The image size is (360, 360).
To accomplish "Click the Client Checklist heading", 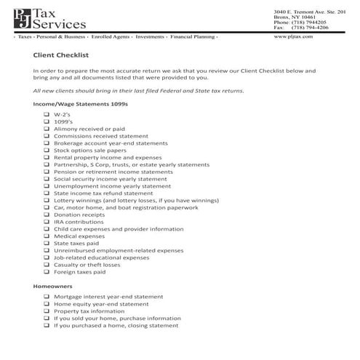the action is [x=61, y=54].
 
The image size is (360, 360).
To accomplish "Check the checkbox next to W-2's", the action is [x=46, y=115].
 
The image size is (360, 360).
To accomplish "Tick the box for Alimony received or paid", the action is [x=46, y=129].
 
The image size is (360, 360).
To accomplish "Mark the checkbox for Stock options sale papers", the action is [x=46, y=150].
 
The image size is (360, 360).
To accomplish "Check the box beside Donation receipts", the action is [x=46, y=215].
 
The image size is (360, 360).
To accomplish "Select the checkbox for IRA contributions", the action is [x=46, y=222].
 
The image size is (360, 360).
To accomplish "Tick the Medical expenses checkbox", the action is [x=46, y=236].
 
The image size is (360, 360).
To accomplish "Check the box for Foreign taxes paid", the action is [x=46, y=272].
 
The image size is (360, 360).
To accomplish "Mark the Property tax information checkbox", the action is [x=46, y=311].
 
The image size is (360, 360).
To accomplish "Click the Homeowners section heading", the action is [x=52, y=287].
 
